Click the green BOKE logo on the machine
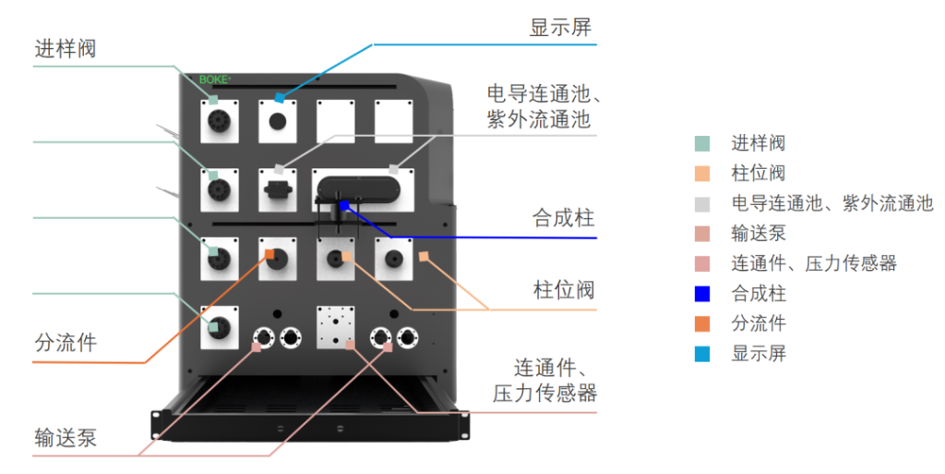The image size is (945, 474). click(214, 79)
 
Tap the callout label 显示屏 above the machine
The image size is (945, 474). click(560, 27)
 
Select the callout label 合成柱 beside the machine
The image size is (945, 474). click(563, 218)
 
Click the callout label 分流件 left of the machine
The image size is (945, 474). click(66, 343)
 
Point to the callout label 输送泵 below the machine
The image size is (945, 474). click(66, 438)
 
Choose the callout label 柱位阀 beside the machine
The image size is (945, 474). click(564, 290)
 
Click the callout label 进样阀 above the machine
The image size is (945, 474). click(66, 48)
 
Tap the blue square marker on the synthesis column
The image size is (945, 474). click(344, 205)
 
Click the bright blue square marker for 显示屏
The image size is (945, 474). click(279, 98)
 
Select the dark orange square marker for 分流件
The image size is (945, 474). click(270, 254)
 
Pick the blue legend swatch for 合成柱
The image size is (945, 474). click(702, 294)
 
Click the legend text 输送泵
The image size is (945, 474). click(759, 234)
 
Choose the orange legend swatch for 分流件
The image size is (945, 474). click(702, 323)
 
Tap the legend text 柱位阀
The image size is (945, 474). click(759, 173)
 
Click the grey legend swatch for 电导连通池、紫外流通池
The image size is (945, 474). click(702, 204)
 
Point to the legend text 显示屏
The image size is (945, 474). click(759, 353)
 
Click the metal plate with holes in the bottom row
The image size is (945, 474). click(336, 327)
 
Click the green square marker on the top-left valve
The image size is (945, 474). click(213, 100)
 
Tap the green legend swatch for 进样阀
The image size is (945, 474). click(702, 143)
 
